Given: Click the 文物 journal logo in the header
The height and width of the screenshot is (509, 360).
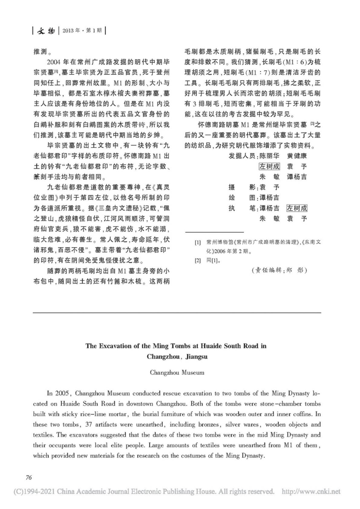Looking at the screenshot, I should (x=46, y=31).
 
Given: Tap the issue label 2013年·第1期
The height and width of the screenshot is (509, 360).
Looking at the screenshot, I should (x=82, y=31).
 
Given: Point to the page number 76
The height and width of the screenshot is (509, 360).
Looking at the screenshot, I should (x=29, y=478).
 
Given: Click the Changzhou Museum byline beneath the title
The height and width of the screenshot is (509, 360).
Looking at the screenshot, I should (x=177, y=373).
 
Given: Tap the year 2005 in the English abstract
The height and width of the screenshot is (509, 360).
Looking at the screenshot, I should (x=63, y=393).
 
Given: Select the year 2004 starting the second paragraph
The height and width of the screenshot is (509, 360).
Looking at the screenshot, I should (x=55, y=62).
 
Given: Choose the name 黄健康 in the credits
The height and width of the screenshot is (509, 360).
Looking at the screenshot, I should (x=297, y=156).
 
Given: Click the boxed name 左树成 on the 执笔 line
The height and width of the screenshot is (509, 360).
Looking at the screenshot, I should (x=297, y=208).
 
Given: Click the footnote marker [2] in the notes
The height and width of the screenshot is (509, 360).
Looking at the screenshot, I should (x=198, y=260).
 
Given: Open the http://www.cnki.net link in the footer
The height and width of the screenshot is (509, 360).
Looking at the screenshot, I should (x=311, y=491).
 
